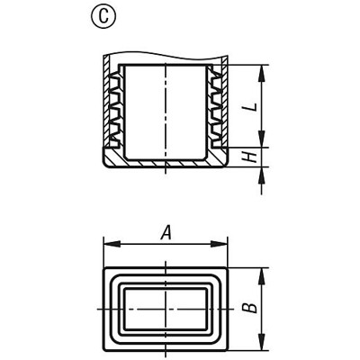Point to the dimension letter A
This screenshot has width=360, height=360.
tap(165, 233)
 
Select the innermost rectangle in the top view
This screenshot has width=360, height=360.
tap(165, 308)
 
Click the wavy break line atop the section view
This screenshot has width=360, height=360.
tap(165, 50)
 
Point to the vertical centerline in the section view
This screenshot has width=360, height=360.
tap(165, 108)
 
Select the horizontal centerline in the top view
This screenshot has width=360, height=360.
tap(135, 308)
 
